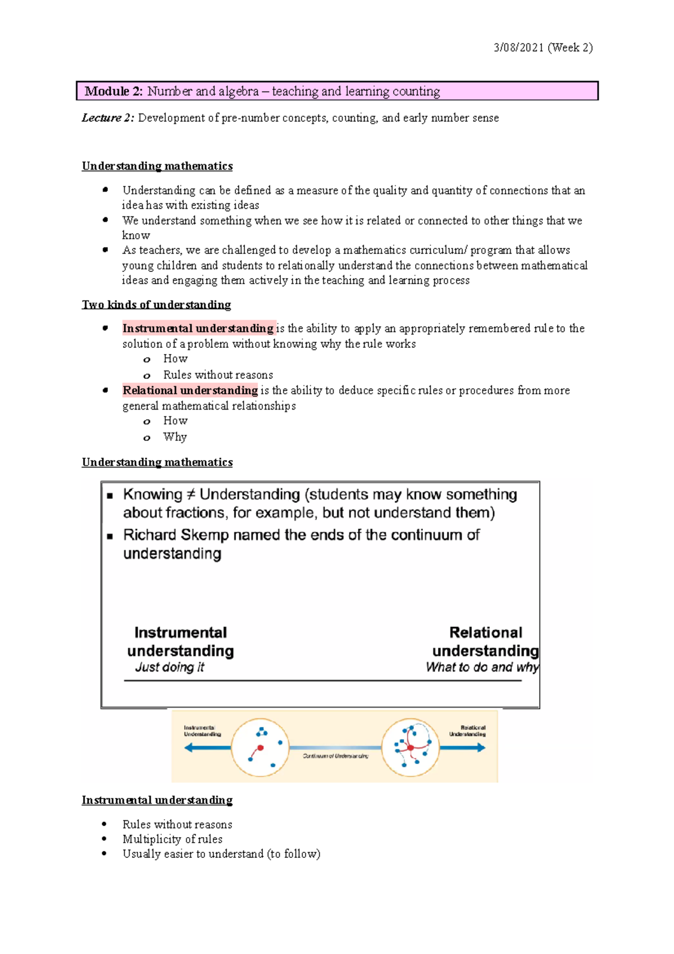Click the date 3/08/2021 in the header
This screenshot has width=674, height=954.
tap(518, 48)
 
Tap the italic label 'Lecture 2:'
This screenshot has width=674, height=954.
tap(108, 118)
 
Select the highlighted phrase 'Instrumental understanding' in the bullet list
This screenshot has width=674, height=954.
tap(198, 328)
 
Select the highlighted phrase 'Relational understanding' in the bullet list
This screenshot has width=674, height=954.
tap(190, 390)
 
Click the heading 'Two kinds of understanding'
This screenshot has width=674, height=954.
tap(156, 305)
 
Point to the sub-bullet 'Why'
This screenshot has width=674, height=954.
tap(175, 437)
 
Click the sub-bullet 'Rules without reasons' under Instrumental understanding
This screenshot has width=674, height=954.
tap(218, 375)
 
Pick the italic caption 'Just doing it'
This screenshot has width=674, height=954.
tap(169, 667)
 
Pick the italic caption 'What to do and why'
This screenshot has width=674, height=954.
tap(481, 667)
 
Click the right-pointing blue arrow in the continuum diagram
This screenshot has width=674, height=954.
tap(463, 748)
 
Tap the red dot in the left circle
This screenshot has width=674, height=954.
tap(260, 748)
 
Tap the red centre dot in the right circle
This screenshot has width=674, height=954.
tap(411, 748)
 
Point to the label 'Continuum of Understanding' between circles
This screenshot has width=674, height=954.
tap(335, 756)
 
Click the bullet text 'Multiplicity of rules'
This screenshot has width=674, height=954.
tap(172, 839)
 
